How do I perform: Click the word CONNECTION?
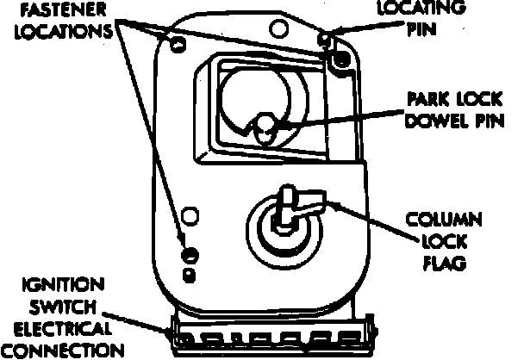coord(61,351)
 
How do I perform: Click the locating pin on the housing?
coord(325,40)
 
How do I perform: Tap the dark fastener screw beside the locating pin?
coord(340,58)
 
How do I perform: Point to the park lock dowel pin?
coord(265,129)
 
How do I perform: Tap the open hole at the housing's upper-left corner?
coord(178,42)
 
